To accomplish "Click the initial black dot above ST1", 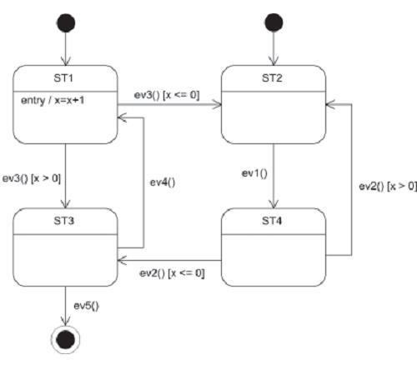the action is pos(66,22).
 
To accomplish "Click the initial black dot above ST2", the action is pos(274,22).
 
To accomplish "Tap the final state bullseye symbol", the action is pos(66,339).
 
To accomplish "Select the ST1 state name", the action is pos(63,78).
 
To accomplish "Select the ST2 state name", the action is pos(272,78).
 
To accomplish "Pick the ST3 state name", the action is pos(63,221).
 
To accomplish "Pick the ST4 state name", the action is pos(272,221).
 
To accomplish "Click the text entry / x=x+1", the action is pos(53,100).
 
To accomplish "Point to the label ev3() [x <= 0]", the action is pos(167,95).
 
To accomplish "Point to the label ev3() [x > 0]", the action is pos(32,178).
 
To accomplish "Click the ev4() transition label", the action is pos(163,182).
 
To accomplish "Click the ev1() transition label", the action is pos(254,173).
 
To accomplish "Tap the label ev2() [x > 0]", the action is pos(388,186).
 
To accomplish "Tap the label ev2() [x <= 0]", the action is pos(172,273).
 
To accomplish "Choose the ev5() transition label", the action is pos(86,306).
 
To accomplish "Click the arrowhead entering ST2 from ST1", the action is pos(218,105).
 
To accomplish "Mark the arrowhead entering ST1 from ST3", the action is pos(122,117).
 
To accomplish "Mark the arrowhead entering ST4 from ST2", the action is pos(274,204).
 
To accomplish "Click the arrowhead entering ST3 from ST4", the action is pos(122,260).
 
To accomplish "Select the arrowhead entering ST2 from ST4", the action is pos(329,104).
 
